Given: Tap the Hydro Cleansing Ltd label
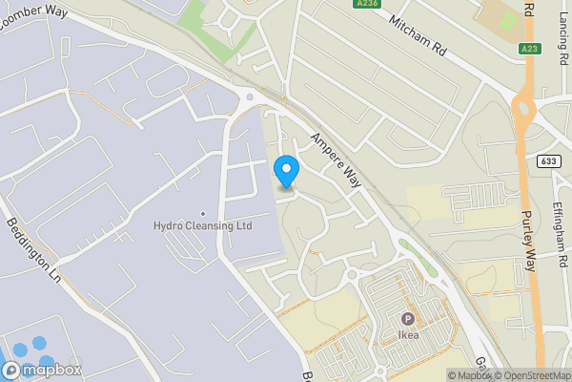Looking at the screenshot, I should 202,226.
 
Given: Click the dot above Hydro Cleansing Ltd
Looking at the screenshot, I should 202,214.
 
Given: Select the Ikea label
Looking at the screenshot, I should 408,335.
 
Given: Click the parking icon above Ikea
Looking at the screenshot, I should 408,319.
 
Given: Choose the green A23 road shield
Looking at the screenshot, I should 530,49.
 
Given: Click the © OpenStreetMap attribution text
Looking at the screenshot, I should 532,375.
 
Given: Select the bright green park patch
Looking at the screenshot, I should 211,26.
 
